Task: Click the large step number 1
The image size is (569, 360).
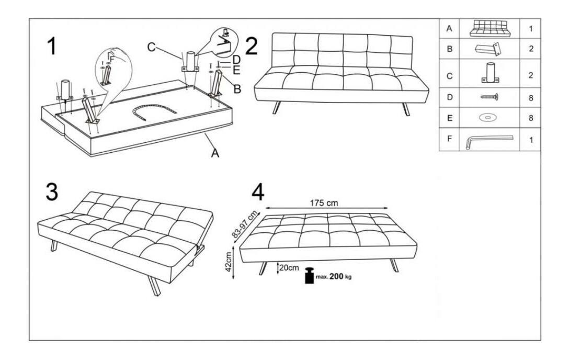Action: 52,46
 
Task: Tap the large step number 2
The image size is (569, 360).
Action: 252,46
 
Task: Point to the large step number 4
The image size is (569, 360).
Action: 258,193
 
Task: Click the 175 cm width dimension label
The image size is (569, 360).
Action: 324,203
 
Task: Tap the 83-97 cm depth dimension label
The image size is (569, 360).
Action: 245,224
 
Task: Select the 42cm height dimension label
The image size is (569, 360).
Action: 228,262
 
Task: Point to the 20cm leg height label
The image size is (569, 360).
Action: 289,268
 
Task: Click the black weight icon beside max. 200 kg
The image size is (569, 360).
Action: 309,275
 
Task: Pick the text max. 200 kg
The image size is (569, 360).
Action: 334,276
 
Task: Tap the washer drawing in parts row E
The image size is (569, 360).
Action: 488,118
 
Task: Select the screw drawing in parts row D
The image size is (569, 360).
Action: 490,97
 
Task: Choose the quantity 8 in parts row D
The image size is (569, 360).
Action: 531,98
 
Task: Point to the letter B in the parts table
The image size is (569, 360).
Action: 450,49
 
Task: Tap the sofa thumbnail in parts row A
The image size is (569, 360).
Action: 490,28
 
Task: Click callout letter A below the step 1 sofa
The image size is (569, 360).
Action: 215,153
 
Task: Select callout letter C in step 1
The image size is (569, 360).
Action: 151,47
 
